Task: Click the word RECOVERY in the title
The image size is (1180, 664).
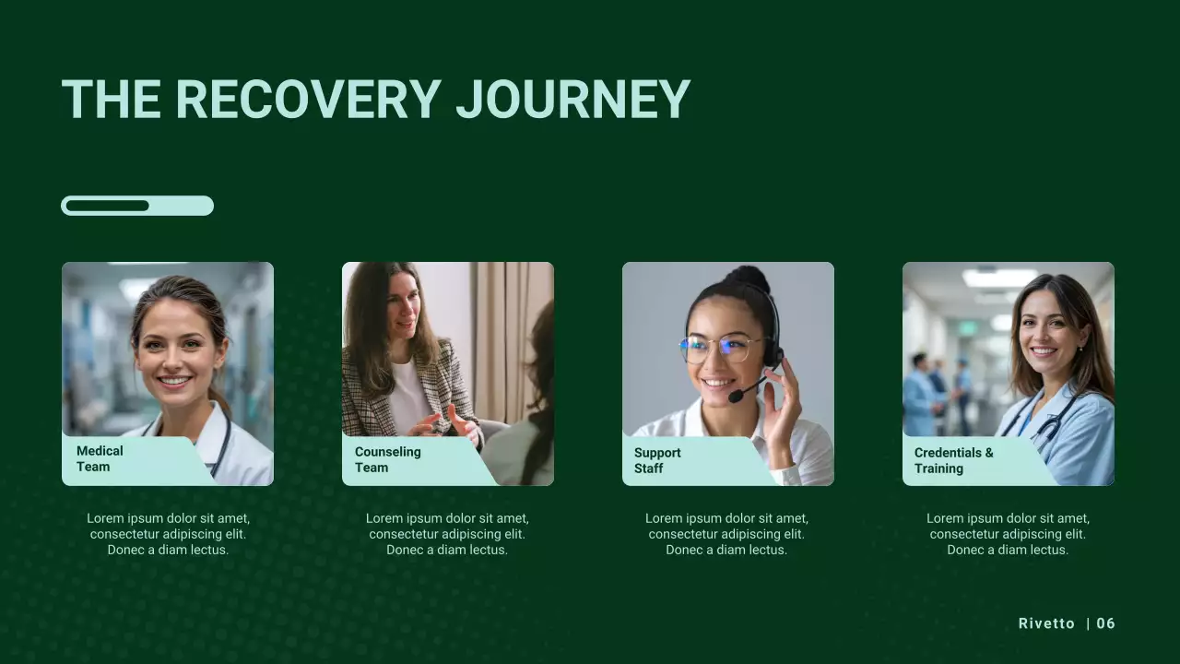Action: pyautogui.click(x=308, y=100)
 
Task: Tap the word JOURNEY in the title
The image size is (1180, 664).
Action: pyautogui.click(x=572, y=100)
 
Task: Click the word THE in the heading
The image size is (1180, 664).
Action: pyautogui.click(x=111, y=100)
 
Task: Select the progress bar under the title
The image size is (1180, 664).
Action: pyautogui.click(x=137, y=206)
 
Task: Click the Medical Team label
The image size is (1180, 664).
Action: pyautogui.click(x=100, y=459)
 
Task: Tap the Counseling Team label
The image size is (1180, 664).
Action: pyautogui.click(x=387, y=460)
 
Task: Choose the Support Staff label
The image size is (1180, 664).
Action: pyautogui.click(x=657, y=461)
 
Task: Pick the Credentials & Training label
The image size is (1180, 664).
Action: pyautogui.click(x=953, y=461)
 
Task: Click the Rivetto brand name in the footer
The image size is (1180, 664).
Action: pyautogui.click(x=1046, y=623)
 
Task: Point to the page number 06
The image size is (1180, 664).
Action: pyautogui.click(x=1106, y=623)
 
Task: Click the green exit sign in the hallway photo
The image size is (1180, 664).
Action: pyautogui.click(x=967, y=327)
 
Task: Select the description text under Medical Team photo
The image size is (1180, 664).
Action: pyautogui.click(x=168, y=534)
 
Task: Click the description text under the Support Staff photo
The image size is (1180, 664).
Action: pyautogui.click(x=726, y=534)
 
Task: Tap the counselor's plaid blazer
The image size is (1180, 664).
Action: pyautogui.click(x=369, y=397)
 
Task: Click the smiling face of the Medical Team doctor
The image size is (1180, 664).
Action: pyautogui.click(x=175, y=355)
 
